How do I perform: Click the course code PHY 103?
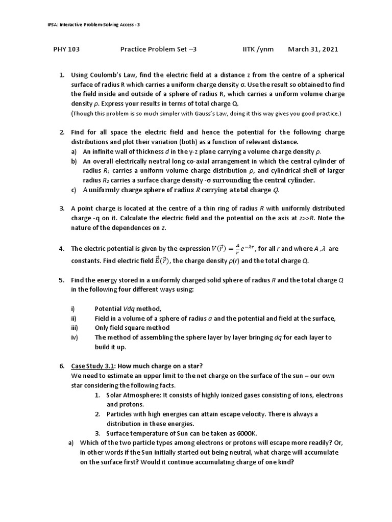pyautogui.click(x=66, y=49)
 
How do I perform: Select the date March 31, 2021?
pyautogui.click(x=313, y=49)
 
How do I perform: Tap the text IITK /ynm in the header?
pyautogui.click(x=258, y=49)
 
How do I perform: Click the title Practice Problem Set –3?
pyautogui.click(x=158, y=49)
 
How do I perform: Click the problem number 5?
pyautogui.click(x=61, y=280)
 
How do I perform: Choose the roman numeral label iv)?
pyautogui.click(x=74, y=337)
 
